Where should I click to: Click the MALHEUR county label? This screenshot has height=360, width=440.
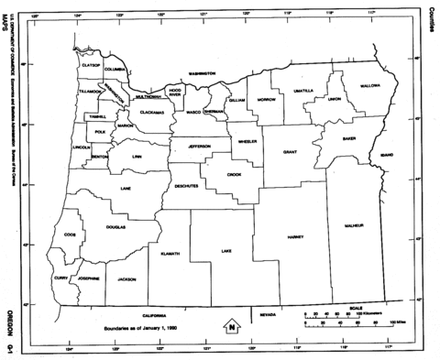(x=355, y=224)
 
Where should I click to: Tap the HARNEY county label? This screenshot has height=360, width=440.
(x=295, y=236)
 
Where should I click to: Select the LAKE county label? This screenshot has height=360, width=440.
(x=226, y=250)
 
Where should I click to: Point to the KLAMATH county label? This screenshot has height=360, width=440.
(x=170, y=254)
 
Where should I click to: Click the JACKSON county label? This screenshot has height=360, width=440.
(x=126, y=278)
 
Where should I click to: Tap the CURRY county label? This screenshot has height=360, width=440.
(x=61, y=277)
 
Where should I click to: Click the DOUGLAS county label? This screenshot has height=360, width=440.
(x=115, y=226)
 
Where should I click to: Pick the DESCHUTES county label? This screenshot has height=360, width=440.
(x=185, y=185)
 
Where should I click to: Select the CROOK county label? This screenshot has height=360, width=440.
(x=235, y=174)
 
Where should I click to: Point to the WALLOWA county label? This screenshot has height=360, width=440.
(x=369, y=85)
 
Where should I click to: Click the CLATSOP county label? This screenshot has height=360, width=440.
(x=90, y=66)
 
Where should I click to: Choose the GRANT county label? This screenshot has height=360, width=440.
(x=290, y=151)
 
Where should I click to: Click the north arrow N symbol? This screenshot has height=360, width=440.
(x=233, y=325)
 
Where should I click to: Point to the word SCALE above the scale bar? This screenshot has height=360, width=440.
(x=356, y=308)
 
